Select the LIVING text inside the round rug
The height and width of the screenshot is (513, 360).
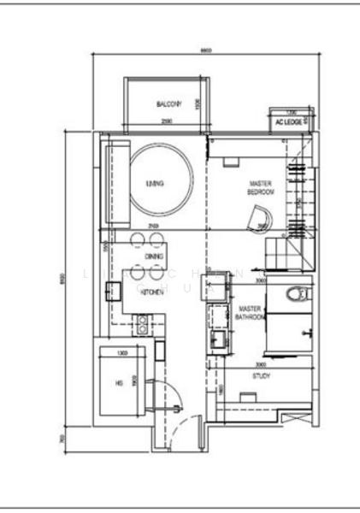click(x=155, y=184)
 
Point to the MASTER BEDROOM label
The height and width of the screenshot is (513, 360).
click(x=261, y=188)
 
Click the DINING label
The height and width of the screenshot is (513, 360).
click(x=154, y=256)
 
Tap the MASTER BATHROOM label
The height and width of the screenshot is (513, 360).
click(x=250, y=313)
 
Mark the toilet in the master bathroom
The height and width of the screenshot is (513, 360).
click(x=296, y=295)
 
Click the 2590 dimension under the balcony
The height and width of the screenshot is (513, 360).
click(x=166, y=122)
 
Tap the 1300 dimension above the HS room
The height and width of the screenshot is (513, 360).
click(x=122, y=353)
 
